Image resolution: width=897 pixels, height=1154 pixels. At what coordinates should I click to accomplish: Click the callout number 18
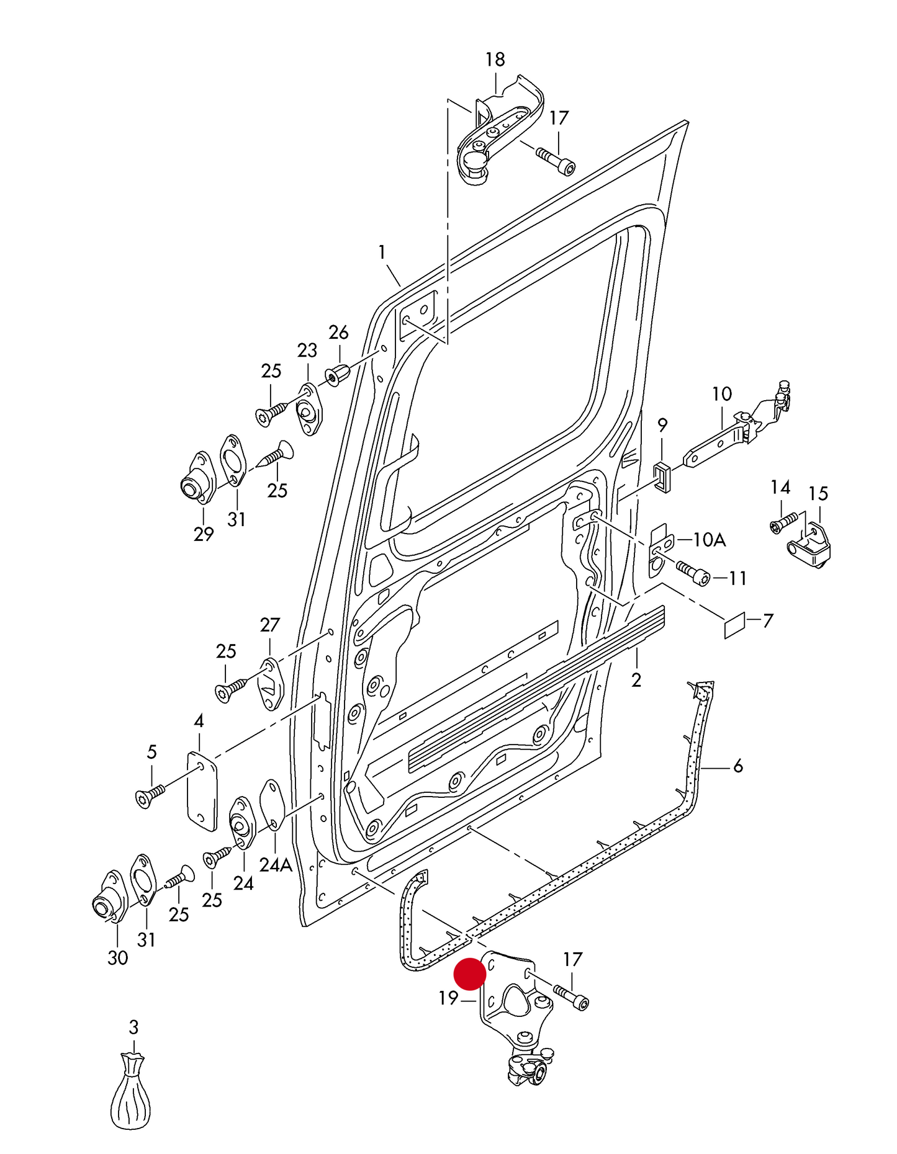point(495,60)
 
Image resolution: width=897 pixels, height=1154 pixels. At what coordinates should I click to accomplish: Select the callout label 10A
point(709,540)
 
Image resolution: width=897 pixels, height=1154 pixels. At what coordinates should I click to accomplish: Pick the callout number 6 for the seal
point(737,766)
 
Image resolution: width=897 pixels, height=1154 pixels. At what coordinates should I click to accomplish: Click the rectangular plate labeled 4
point(202,791)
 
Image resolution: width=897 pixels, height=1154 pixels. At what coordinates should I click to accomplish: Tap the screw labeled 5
point(150,796)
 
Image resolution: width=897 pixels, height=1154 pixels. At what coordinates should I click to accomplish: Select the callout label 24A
point(275,865)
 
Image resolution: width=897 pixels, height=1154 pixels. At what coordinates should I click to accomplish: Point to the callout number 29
point(203,534)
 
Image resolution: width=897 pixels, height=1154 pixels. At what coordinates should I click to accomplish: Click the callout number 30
point(117,958)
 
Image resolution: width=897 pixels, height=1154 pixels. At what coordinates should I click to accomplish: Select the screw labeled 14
point(783,521)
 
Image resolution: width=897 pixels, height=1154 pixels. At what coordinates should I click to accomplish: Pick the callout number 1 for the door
point(382,253)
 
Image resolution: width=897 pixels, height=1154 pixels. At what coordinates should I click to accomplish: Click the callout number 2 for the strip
point(636,680)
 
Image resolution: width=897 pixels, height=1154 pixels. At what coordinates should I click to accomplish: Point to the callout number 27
point(270,625)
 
